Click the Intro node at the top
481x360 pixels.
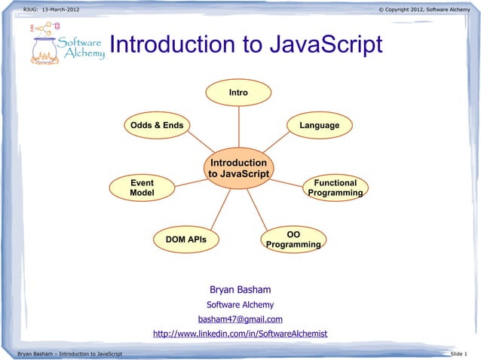click(238, 92)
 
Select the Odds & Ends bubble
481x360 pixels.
click(157, 125)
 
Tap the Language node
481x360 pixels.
click(319, 125)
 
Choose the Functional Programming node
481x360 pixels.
click(335, 188)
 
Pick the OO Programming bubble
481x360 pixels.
click(294, 239)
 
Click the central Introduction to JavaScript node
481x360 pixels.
click(238, 168)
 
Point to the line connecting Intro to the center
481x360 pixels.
click(238, 127)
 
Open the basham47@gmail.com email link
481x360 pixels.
click(240, 319)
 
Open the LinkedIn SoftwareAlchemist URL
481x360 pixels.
click(240, 334)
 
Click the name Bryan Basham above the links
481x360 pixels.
click(240, 290)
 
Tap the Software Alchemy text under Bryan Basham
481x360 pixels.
click(240, 305)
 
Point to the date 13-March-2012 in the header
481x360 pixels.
click(57, 8)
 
